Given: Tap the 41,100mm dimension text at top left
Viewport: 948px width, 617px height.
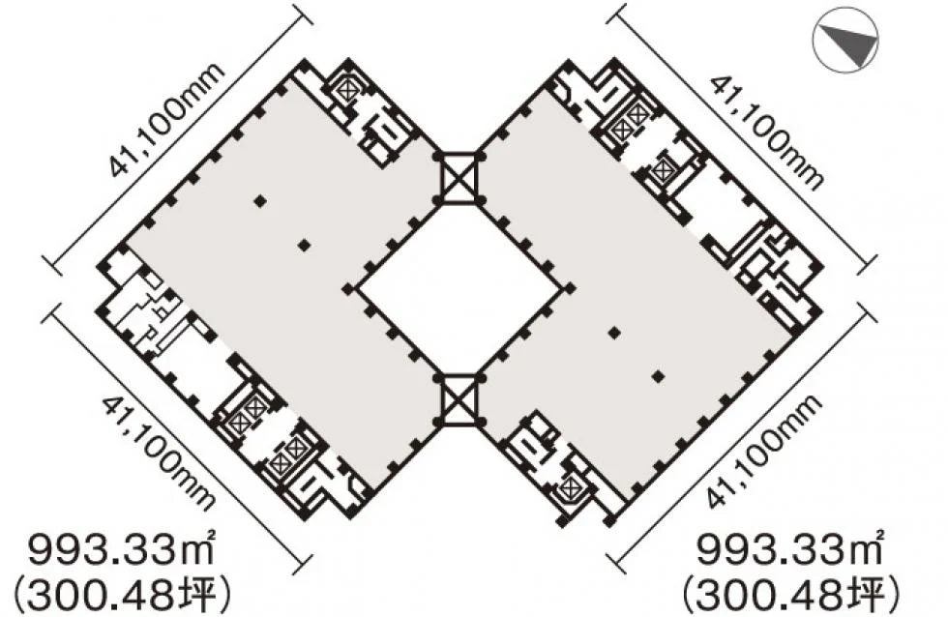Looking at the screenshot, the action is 166,119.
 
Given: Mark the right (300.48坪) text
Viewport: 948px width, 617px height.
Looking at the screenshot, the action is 791,595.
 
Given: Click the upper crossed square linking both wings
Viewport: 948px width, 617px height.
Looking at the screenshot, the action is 459,178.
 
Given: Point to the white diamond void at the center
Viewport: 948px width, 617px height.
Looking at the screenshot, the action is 459,289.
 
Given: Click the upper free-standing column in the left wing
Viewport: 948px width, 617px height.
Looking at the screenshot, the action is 260,201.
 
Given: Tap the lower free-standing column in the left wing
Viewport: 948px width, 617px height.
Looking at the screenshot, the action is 304,245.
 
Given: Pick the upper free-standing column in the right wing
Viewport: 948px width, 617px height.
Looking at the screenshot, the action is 614,333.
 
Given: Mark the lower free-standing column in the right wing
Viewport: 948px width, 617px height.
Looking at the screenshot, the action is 659,376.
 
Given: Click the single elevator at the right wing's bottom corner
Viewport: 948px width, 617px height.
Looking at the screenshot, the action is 571,486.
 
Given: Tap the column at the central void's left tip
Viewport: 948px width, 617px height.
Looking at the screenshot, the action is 348,289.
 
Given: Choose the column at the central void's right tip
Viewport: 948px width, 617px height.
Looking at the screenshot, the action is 570,289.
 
